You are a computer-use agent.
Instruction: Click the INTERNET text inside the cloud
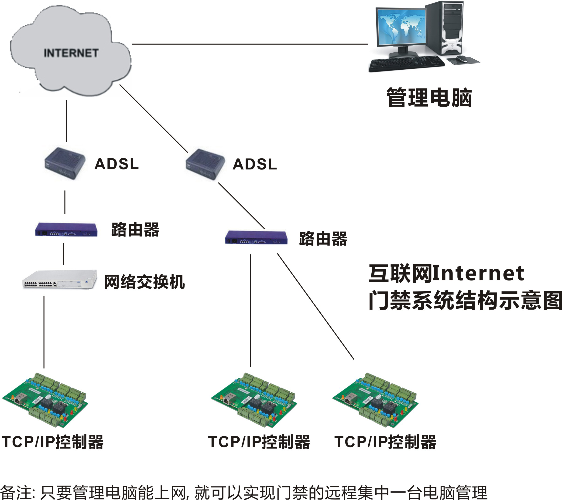71,53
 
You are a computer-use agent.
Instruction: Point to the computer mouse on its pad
462,58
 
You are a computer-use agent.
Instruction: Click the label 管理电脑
429,98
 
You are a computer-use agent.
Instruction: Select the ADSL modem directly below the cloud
65,163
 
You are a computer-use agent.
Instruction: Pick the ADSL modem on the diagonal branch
205,164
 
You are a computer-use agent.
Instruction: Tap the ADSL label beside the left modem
117,164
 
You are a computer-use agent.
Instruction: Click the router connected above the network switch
66,230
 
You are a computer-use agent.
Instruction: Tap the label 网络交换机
144,282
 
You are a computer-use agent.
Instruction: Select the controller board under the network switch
45,400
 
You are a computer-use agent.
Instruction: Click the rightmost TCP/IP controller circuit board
375,400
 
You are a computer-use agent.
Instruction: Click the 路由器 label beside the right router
323,238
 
